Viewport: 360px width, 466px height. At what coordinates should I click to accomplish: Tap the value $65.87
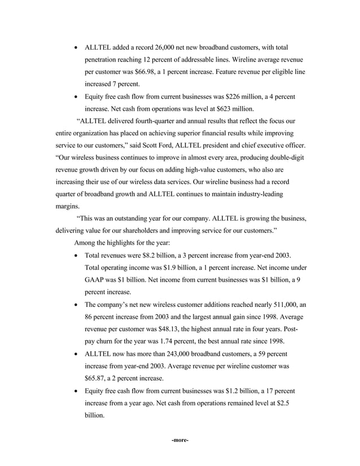[96, 377]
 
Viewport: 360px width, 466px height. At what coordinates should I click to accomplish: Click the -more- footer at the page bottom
[179, 440]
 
